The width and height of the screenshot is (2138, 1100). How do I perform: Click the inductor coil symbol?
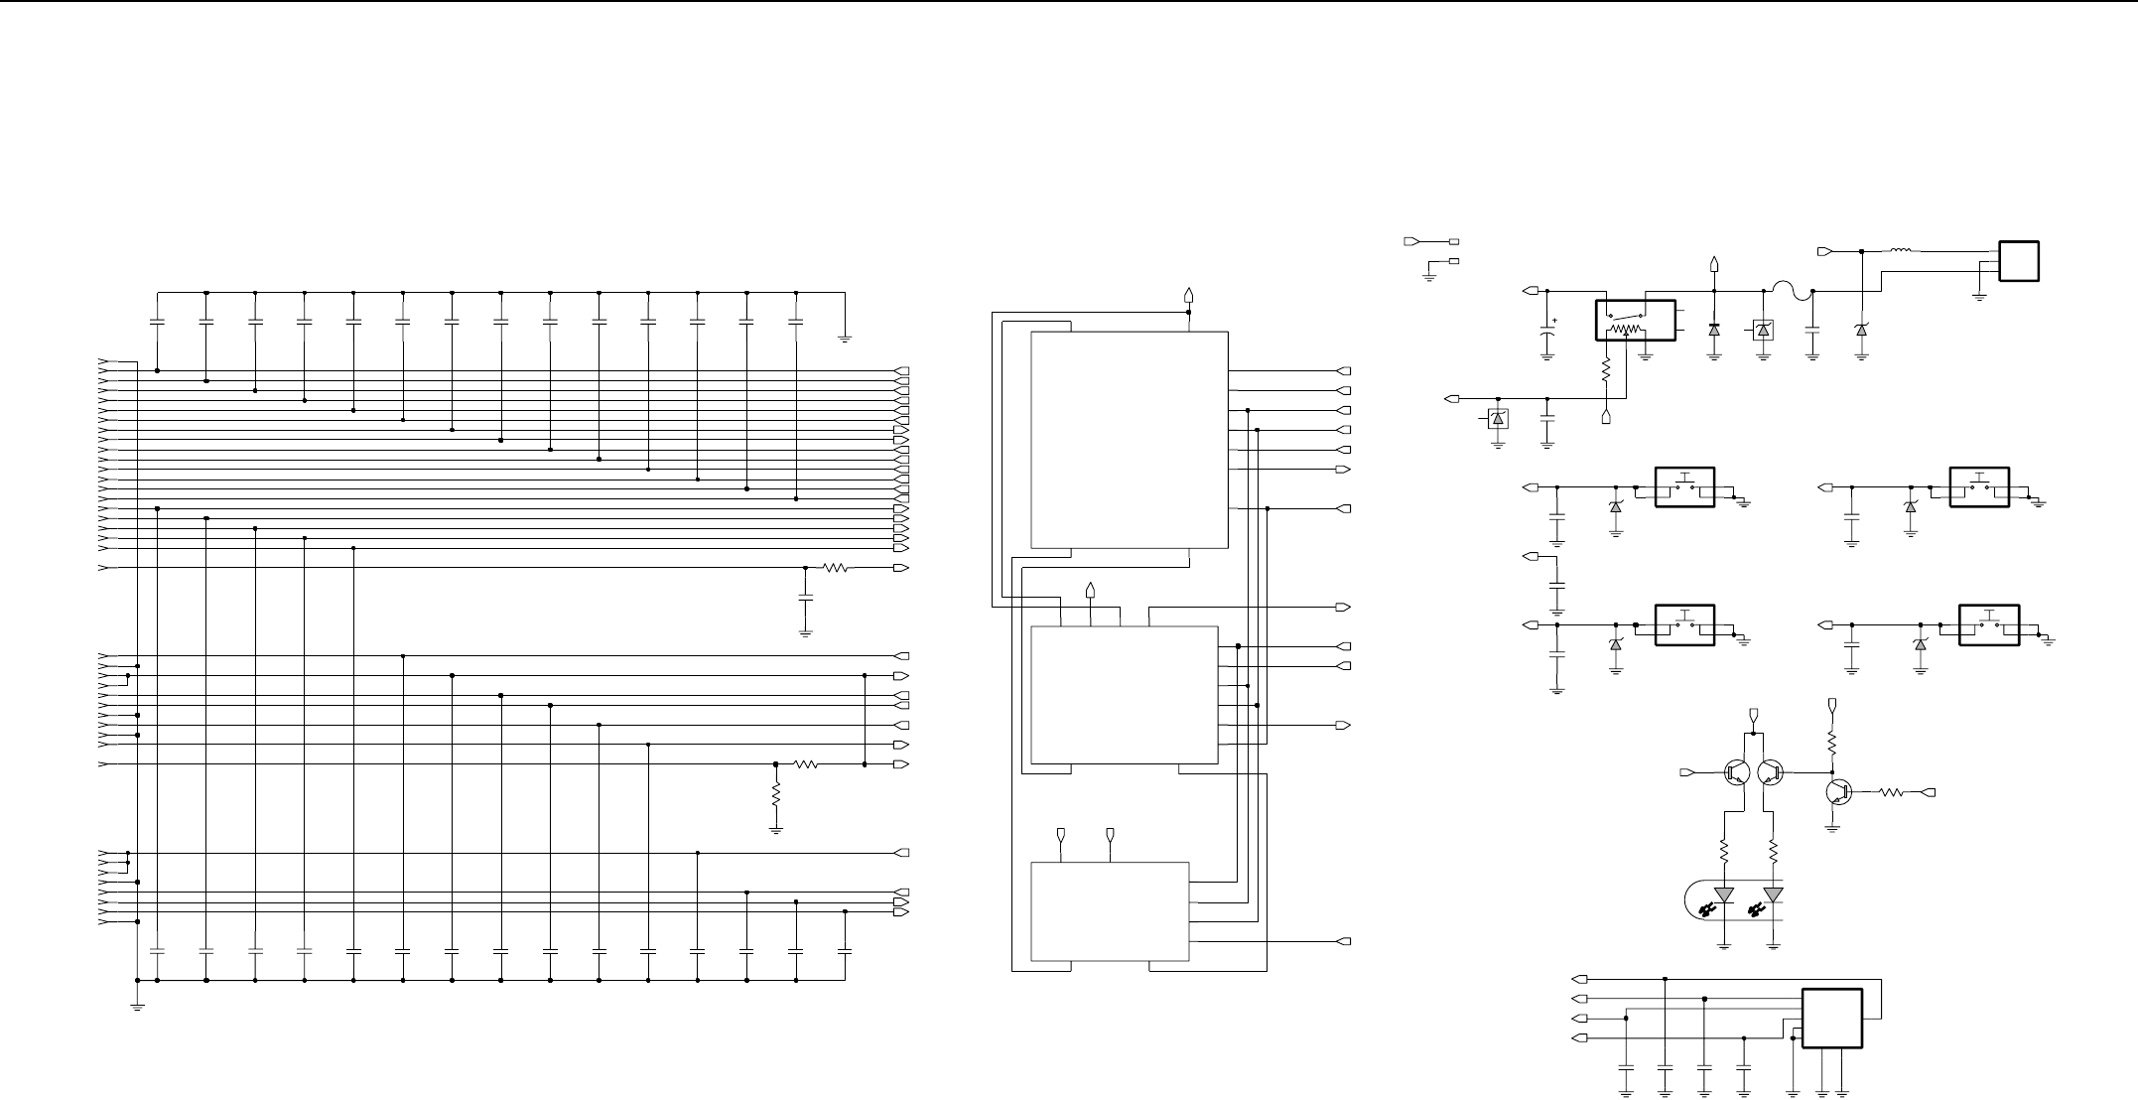pyautogui.click(x=1901, y=250)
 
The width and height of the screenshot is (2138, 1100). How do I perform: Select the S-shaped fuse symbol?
pyautogui.click(x=1788, y=292)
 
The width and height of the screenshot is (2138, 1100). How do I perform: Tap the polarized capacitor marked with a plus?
pyautogui.click(x=1547, y=335)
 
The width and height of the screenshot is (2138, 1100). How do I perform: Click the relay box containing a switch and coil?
pyautogui.click(x=1635, y=320)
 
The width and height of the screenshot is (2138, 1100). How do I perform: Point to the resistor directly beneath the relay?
pyautogui.click(x=1606, y=371)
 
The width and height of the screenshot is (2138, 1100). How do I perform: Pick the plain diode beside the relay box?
pyautogui.click(x=1714, y=330)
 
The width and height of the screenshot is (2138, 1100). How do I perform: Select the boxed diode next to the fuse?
pyautogui.click(x=1763, y=330)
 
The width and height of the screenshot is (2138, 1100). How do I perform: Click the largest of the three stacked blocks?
pyautogui.click(x=1130, y=439)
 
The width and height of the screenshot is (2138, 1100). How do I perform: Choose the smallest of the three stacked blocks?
pyautogui.click(x=1110, y=911)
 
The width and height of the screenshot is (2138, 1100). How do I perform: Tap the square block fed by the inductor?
pyautogui.click(x=2020, y=261)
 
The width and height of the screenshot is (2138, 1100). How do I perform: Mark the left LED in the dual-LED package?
pyautogui.click(x=1724, y=895)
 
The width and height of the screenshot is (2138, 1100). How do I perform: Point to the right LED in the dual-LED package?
pyautogui.click(x=1773, y=895)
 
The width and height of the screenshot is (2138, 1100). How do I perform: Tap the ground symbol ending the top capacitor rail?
pyautogui.click(x=845, y=338)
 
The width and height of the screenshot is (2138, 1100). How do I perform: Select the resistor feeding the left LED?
pyautogui.click(x=1724, y=853)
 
